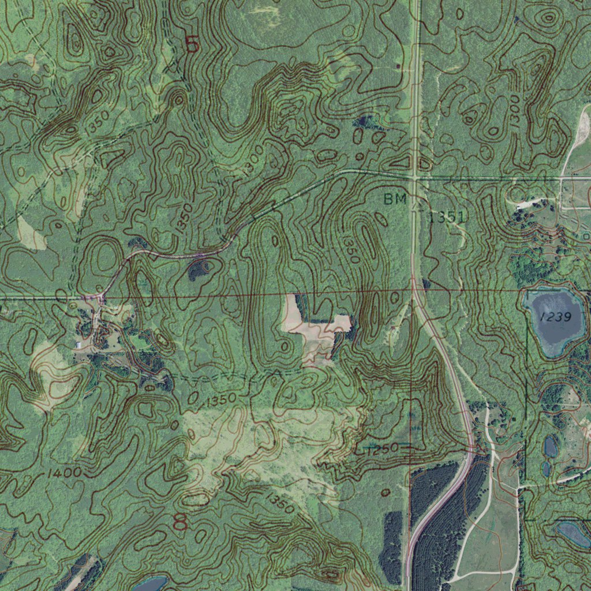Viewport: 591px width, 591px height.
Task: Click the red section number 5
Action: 192,44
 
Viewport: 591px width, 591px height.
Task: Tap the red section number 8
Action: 181,522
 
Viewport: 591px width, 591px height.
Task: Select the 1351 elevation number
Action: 447,217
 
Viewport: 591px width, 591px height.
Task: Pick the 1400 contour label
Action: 64,473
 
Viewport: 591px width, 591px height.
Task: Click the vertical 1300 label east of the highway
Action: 514,110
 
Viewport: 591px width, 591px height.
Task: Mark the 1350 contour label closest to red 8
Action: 279,502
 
